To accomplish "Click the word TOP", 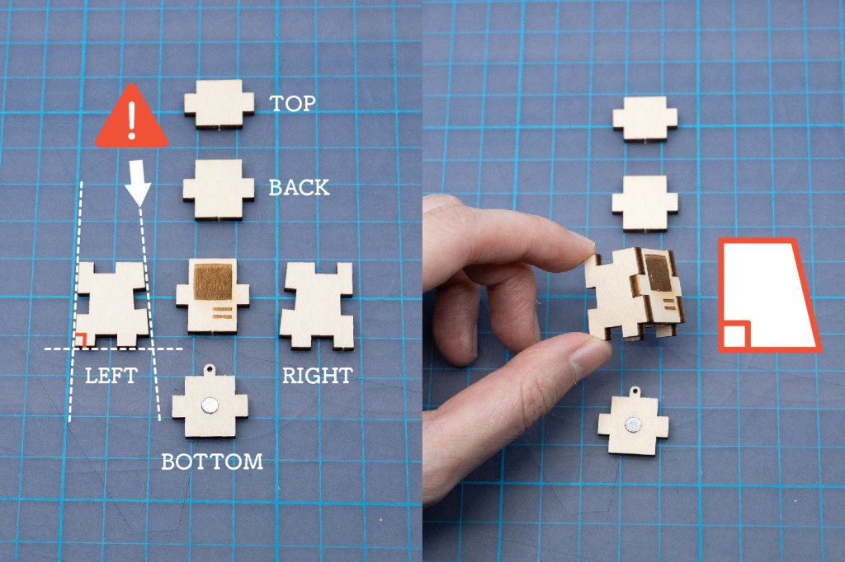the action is [x=293, y=103].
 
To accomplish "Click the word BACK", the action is [x=299, y=187].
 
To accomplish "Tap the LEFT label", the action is [x=111, y=375].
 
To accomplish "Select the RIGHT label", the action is [x=318, y=375].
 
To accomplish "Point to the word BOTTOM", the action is [x=212, y=461].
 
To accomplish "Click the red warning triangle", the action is [x=131, y=116].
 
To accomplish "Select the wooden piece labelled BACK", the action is [x=218, y=190].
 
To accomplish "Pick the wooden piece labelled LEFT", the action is [x=112, y=303].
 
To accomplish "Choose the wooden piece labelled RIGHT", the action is [x=318, y=305].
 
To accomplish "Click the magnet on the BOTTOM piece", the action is [x=209, y=405].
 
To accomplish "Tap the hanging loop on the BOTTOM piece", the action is [x=210, y=370].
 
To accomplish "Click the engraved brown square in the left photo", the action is [x=213, y=282].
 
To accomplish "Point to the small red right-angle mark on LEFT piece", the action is [x=81, y=340].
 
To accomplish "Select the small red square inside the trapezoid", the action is [x=734, y=335].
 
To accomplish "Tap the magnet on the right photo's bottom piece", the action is [x=633, y=425].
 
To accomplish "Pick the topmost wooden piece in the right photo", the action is [x=645, y=119].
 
